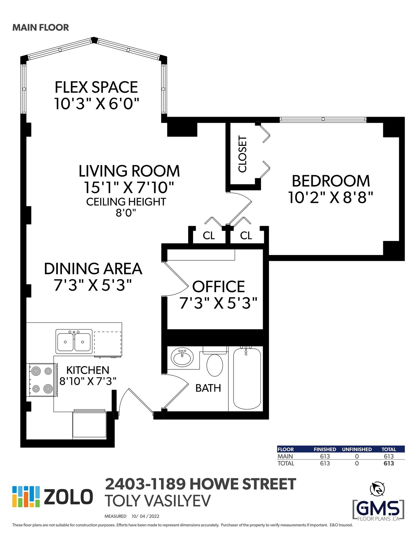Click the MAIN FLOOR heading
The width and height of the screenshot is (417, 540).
[41, 27]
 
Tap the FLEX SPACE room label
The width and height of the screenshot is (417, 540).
[96, 87]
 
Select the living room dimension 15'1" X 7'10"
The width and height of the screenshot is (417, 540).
[129, 187]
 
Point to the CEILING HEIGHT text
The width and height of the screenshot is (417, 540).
[126, 202]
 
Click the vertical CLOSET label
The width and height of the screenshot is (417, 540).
[242, 154]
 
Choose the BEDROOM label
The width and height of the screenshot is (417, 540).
[331, 181]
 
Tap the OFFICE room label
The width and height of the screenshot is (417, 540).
[218, 287]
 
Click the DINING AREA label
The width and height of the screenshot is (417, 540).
[93, 269]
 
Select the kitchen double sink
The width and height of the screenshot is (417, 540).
[74, 341]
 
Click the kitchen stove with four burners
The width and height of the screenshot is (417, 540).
[41, 380]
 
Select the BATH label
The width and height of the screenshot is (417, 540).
[208, 388]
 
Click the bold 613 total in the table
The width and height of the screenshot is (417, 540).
[389, 463]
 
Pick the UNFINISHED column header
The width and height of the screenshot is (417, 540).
[357, 449]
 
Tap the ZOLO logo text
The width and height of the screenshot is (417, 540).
[68, 497]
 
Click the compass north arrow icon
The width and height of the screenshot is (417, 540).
[377, 489]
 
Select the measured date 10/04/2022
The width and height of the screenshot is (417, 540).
[145, 516]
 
